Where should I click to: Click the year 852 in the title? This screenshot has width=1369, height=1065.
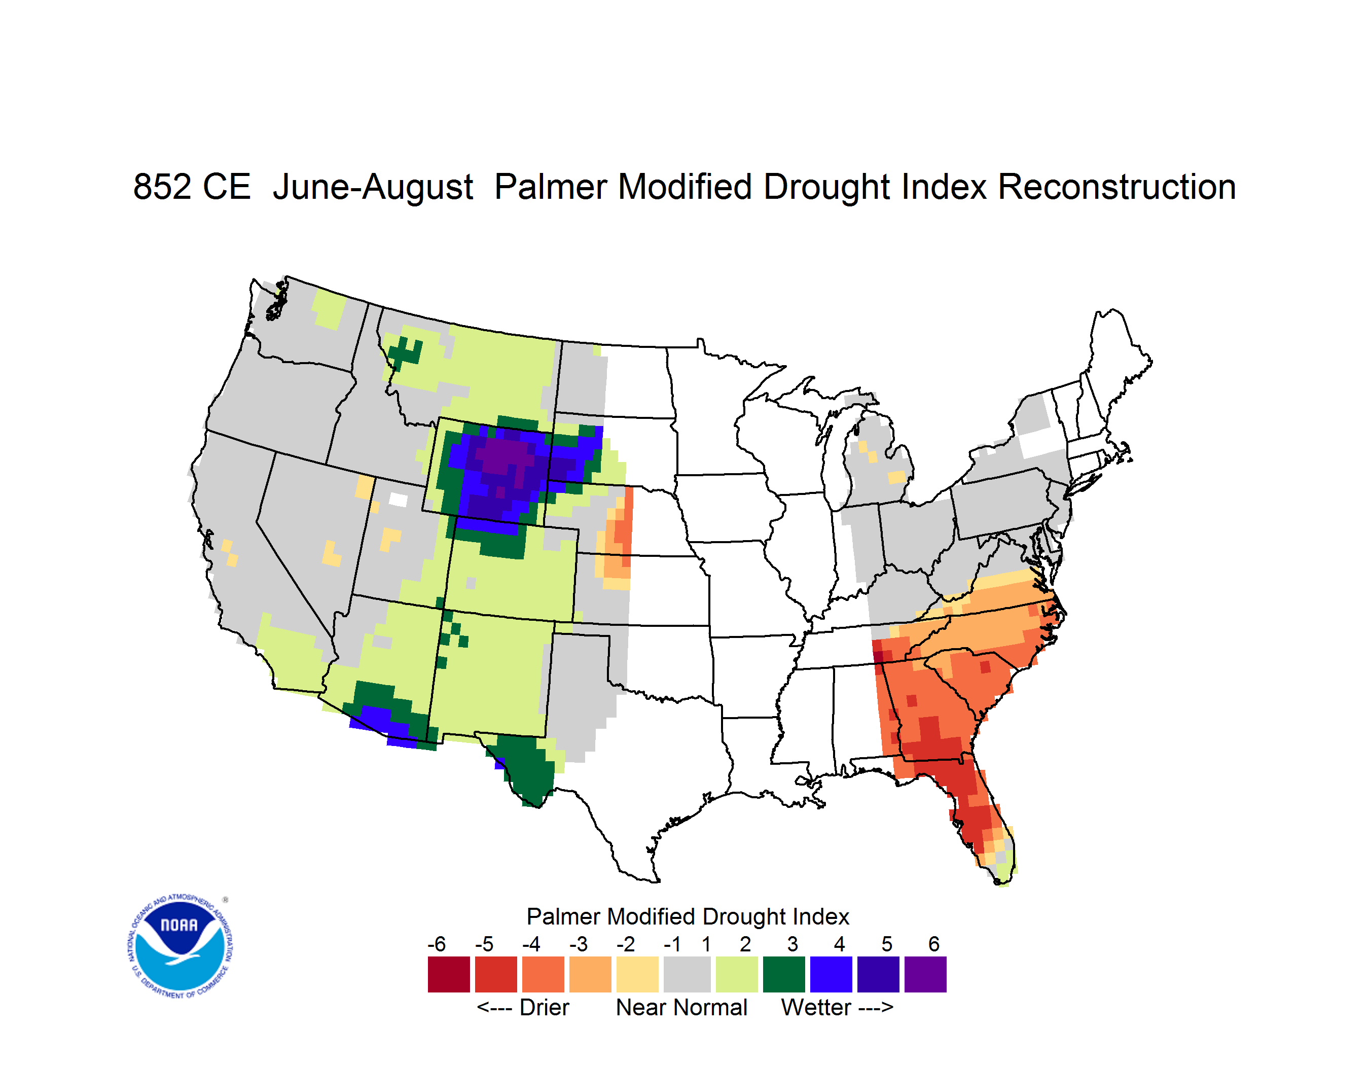162,187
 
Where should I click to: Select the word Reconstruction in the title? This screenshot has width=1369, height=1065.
1116,187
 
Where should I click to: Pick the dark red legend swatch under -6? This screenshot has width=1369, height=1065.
449,974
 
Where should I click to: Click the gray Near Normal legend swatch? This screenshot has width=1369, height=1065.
687,974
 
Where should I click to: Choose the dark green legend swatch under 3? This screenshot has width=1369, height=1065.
783,974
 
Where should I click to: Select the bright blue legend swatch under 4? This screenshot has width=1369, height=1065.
831,974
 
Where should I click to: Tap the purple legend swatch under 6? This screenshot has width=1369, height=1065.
925,974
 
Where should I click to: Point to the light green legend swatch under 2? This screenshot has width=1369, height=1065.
737,974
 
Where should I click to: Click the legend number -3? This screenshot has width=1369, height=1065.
579,944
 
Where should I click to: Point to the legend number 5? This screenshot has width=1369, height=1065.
886,944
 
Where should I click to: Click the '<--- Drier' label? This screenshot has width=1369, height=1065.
523,1007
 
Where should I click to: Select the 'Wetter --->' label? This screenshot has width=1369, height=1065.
837,1007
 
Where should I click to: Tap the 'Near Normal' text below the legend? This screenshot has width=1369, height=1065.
681,1007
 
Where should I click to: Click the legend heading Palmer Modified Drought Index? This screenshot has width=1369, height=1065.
688,916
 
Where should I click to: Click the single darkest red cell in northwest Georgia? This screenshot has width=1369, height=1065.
879,656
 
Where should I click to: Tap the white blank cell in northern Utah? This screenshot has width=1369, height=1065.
398,500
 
